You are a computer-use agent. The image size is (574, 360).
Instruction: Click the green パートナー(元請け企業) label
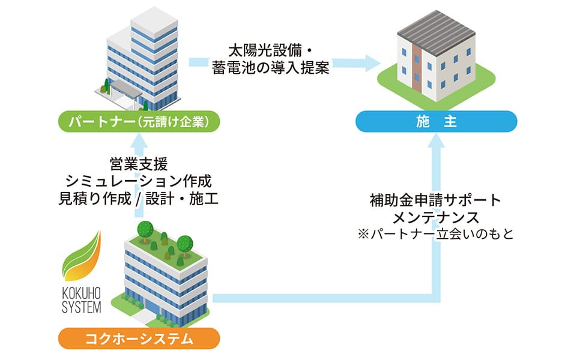click(x=139, y=121)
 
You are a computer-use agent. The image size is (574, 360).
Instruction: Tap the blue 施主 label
click(x=437, y=121)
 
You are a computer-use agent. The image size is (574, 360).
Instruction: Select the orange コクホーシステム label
click(x=139, y=338)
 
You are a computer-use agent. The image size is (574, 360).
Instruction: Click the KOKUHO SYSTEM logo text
click(x=81, y=301)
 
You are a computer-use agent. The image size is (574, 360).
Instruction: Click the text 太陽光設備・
click(x=270, y=50)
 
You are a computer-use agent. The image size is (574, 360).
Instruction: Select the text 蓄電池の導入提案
click(x=271, y=68)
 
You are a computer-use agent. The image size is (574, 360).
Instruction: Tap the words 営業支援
click(x=139, y=164)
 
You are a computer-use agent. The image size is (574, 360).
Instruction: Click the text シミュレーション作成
click(x=139, y=181)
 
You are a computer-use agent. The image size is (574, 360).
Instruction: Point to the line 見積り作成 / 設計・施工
click(x=139, y=198)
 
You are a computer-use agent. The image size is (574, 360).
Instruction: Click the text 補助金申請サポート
click(x=435, y=200)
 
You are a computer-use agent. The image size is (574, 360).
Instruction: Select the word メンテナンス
click(x=435, y=217)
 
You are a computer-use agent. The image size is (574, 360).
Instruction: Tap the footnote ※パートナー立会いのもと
click(x=436, y=234)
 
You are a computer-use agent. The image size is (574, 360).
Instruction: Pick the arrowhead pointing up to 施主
click(x=436, y=141)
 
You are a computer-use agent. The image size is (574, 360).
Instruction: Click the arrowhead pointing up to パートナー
click(x=139, y=141)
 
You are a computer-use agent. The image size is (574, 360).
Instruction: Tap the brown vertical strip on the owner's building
click(x=417, y=68)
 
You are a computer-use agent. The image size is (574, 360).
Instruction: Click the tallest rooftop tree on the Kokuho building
click(x=145, y=230)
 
